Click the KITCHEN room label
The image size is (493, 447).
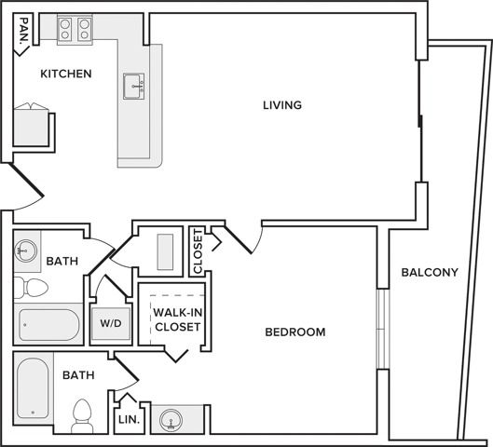[x=66, y=74]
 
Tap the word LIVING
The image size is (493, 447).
[x=282, y=105]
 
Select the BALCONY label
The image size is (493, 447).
[x=430, y=272]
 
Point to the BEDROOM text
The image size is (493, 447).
[x=295, y=332]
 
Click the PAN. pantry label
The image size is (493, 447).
[x=24, y=30]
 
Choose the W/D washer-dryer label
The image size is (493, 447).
[x=111, y=323]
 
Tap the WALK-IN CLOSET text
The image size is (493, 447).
[x=178, y=319]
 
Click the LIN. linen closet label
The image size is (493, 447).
[x=129, y=419]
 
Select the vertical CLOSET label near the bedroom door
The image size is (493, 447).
[x=198, y=251]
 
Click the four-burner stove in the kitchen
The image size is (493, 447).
[x=75, y=29]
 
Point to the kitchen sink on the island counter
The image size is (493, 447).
[x=133, y=87]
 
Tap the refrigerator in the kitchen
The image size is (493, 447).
[x=31, y=126]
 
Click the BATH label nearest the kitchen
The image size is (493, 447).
[x=62, y=261]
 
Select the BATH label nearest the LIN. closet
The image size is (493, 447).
[x=78, y=375]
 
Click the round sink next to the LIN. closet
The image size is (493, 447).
[x=171, y=420]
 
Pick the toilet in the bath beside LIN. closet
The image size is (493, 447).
[x=82, y=416]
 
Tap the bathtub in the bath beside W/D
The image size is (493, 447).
[x=48, y=325]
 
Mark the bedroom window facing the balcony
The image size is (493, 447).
[x=383, y=329]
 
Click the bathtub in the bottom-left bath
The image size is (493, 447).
[x=33, y=388]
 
